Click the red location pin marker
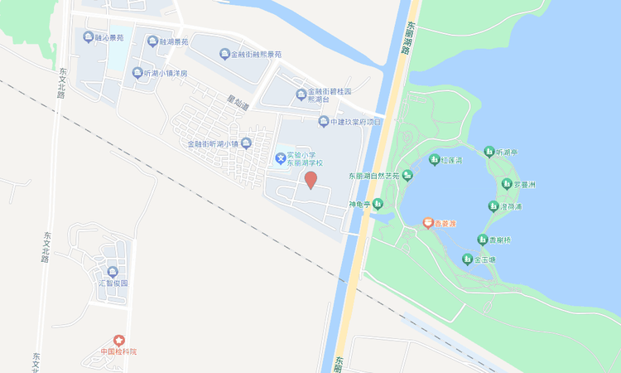310,180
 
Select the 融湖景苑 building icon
152,41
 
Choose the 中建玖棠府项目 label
356,122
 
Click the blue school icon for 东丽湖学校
282,157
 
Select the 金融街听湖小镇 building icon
246,144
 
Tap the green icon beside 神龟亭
378,204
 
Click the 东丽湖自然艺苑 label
373,176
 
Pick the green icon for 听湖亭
489,153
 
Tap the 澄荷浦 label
512,206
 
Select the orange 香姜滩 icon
428,223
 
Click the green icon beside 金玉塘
467,259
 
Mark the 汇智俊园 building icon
112,271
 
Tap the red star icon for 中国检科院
118,340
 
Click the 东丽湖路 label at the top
406,37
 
